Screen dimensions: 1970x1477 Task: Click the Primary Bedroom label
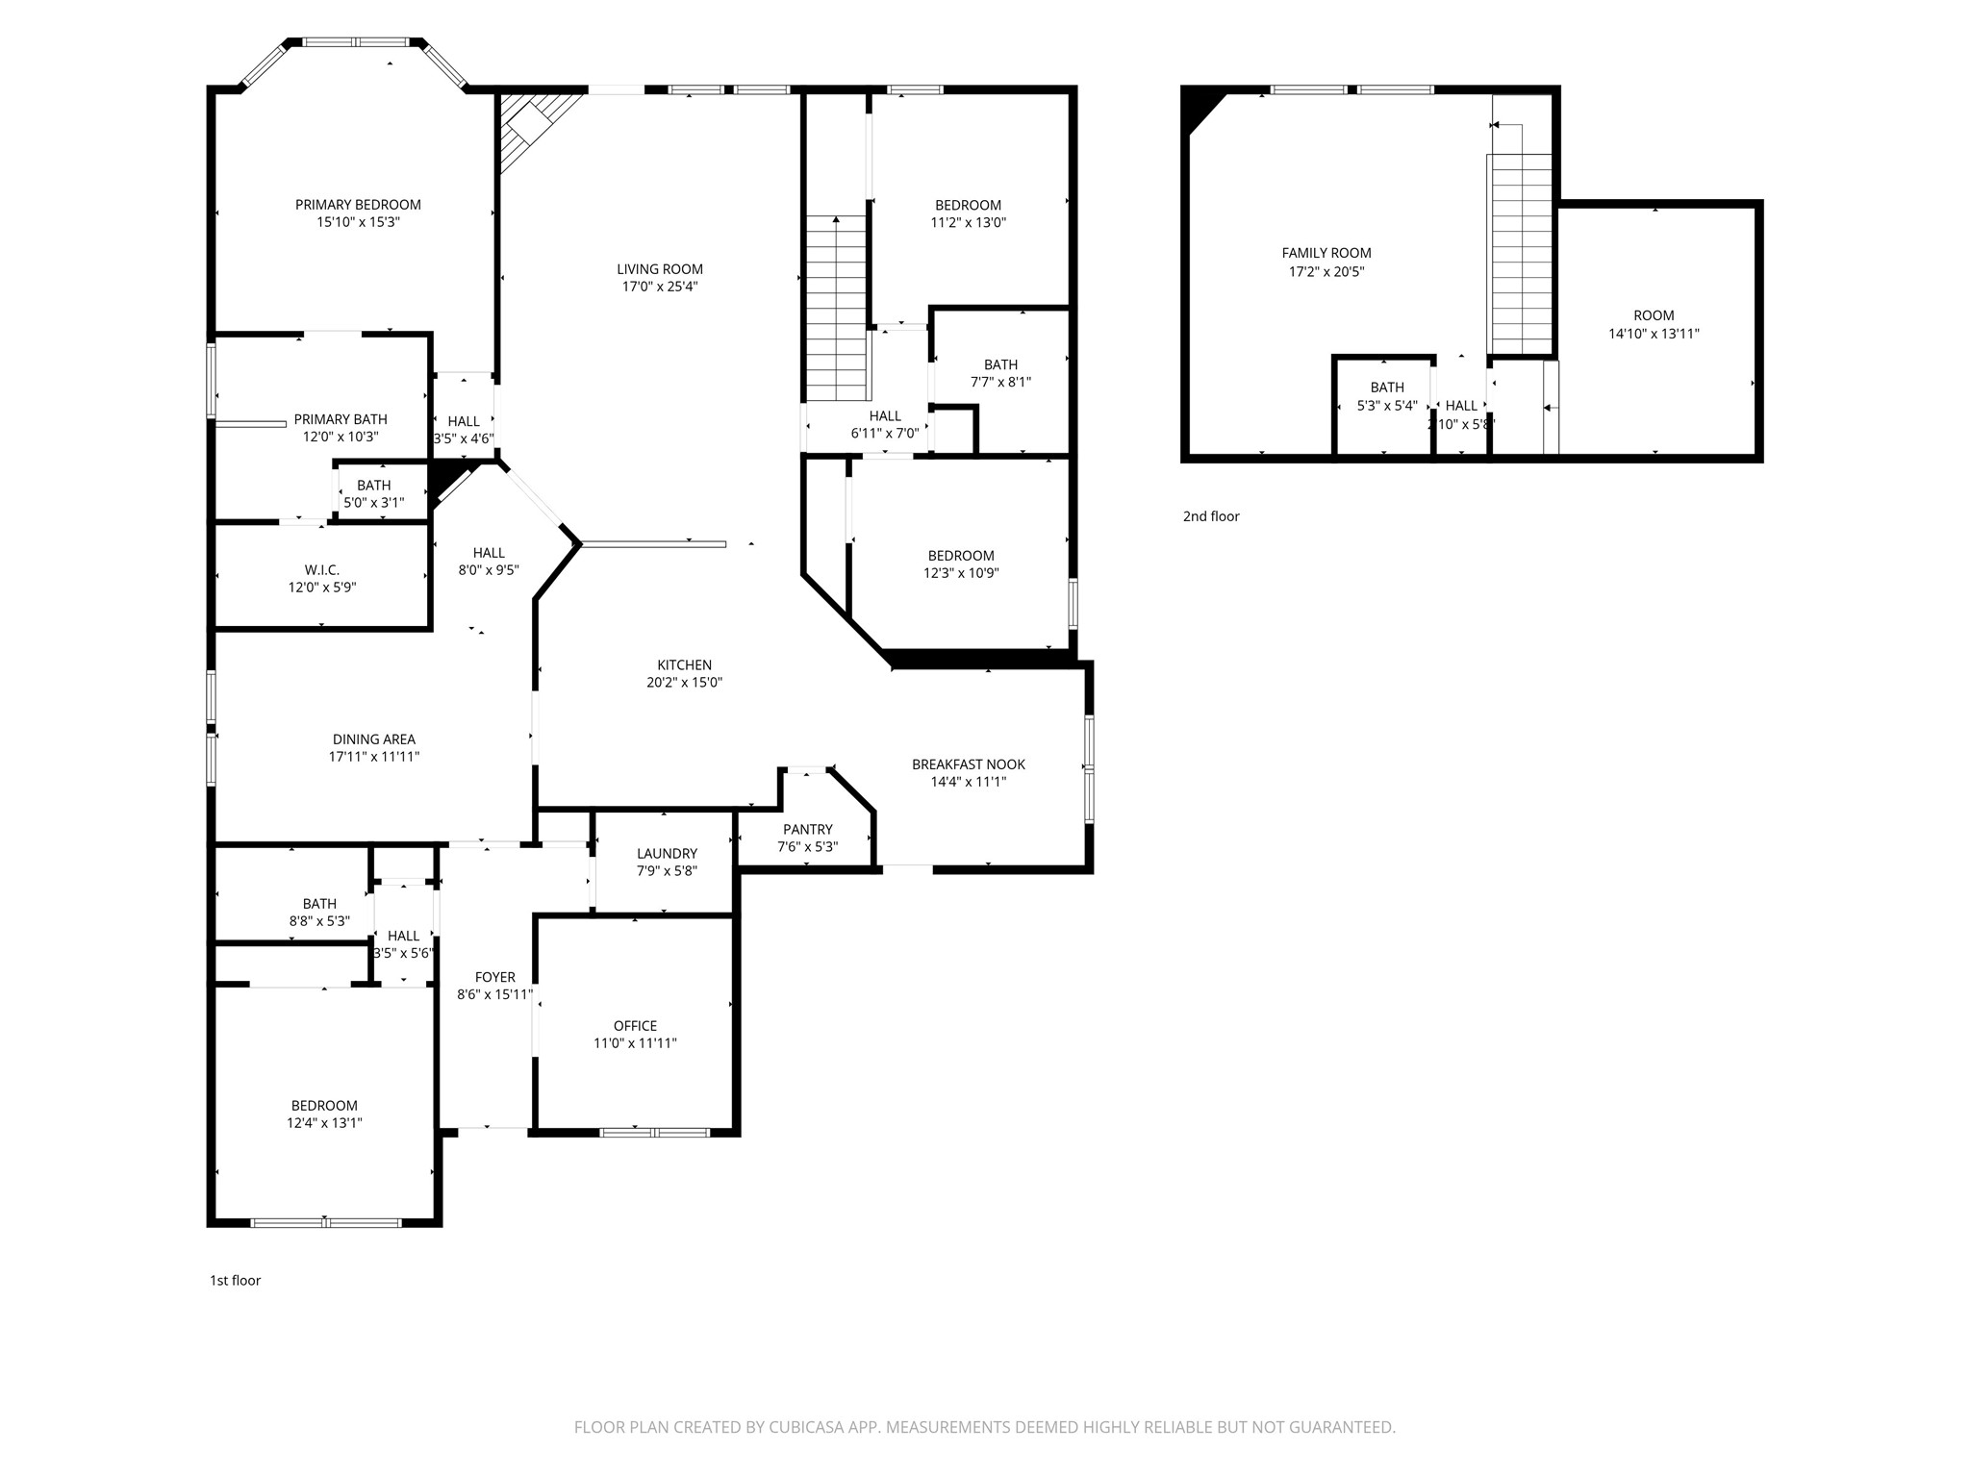(x=358, y=205)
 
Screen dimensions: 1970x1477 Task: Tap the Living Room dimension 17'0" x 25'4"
(x=660, y=287)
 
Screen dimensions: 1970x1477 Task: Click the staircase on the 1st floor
(x=837, y=308)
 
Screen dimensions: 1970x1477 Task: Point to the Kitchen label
(x=685, y=665)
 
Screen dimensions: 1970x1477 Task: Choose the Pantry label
(x=808, y=830)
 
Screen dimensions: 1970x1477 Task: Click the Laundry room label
(x=667, y=854)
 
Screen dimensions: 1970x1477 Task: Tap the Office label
(x=636, y=1026)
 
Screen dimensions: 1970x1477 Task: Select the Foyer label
(x=495, y=978)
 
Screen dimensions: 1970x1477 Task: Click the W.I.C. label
(x=322, y=570)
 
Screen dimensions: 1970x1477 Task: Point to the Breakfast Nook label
(x=969, y=764)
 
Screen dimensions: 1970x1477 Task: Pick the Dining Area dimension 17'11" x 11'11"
(x=374, y=757)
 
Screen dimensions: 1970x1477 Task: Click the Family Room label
(x=1326, y=254)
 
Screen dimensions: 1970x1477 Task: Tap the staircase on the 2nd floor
(x=1521, y=254)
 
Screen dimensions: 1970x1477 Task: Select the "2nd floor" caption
(x=1211, y=516)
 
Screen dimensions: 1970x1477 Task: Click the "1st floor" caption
(x=236, y=1281)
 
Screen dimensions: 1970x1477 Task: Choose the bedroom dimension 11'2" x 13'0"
(x=969, y=222)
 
